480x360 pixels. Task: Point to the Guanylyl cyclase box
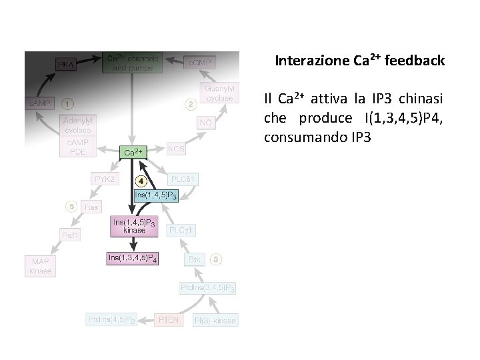pos(219,93)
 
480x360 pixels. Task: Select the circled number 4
pos(142,180)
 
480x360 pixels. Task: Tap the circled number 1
pos(68,104)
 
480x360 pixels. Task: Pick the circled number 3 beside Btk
pos(217,258)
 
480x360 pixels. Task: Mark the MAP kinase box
pos(40,266)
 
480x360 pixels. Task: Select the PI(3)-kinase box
pos(215,321)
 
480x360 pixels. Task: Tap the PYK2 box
pos(104,180)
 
